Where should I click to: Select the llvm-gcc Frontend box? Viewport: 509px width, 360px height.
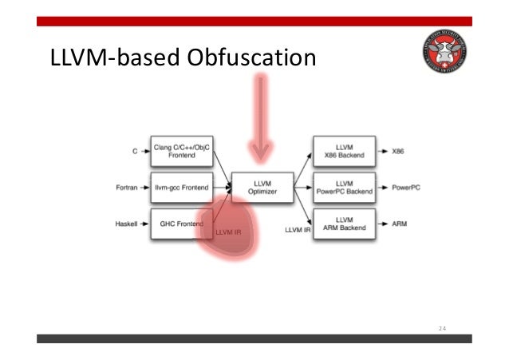point(182,188)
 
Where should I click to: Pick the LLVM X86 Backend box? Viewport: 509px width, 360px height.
point(345,150)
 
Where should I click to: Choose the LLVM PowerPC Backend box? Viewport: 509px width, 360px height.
point(345,188)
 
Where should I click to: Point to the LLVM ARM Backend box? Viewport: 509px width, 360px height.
point(345,224)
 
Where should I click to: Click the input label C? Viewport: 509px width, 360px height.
point(134,151)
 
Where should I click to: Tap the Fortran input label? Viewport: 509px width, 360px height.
point(128,188)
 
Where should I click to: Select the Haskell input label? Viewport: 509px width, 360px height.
point(128,224)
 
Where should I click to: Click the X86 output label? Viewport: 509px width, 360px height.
point(400,150)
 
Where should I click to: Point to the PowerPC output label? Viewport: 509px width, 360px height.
point(407,188)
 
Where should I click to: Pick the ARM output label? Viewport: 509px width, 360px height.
point(400,224)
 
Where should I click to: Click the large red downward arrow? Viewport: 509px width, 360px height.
point(259,116)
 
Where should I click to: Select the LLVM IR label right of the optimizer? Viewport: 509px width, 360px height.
point(298,230)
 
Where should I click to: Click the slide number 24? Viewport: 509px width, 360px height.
point(444,327)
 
